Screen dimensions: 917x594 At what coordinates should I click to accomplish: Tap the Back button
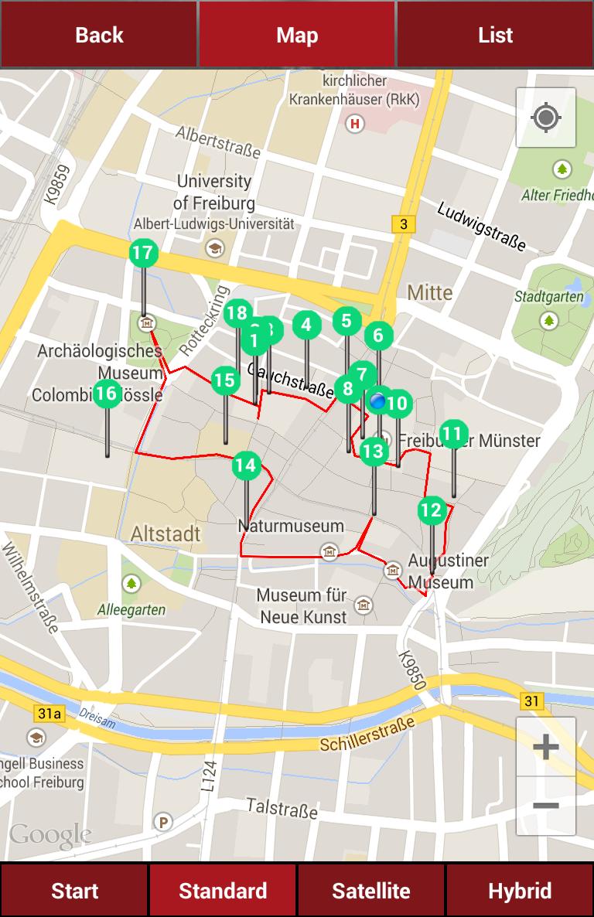click(x=99, y=35)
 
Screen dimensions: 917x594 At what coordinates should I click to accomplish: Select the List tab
click(x=495, y=35)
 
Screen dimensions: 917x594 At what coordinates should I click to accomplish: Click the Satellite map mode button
click(x=371, y=891)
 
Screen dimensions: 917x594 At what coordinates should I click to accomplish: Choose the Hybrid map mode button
click(x=520, y=891)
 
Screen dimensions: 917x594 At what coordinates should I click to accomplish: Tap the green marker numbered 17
click(x=143, y=253)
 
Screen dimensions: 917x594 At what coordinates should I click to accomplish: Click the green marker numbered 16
click(x=107, y=394)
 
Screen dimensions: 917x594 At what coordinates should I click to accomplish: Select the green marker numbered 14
click(x=246, y=465)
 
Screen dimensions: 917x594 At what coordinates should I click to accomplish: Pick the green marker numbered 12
click(x=432, y=510)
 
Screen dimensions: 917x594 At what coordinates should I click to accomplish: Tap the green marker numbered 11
click(x=454, y=434)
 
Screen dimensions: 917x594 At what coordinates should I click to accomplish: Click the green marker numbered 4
click(x=307, y=326)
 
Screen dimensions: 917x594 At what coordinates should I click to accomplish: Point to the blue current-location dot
click(x=377, y=401)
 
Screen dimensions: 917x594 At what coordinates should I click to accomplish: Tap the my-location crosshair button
click(x=546, y=118)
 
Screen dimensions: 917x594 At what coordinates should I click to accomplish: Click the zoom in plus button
click(x=546, y=747)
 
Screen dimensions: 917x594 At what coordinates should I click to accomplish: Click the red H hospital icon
click(x=355, y=123)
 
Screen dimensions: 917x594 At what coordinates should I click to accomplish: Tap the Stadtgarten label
click(x=539, y=296)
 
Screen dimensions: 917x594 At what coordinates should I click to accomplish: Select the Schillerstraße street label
click(x=368, y=735)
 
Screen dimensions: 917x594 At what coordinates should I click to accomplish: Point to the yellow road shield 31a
click(x=48, y=713)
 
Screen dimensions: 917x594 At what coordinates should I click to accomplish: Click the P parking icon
click(x=162, y=822)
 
